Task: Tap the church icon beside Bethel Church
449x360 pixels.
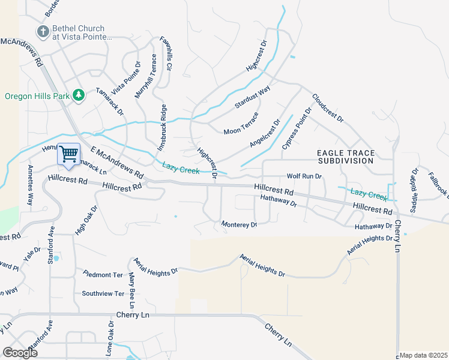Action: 43,31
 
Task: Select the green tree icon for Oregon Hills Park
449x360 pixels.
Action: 77,95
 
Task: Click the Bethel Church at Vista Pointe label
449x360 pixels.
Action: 82,32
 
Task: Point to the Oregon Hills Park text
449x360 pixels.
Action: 36,96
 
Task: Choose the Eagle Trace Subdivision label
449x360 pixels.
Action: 345,157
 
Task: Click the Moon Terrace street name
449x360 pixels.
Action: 241,124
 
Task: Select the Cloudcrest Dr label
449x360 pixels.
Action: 328,109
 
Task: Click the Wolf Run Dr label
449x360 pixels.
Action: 304,176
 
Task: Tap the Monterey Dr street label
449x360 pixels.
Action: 239,224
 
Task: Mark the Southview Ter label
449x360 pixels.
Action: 103,294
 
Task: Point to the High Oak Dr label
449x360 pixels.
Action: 86,220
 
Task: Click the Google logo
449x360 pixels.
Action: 20,353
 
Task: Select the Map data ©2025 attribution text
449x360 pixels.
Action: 424,355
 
